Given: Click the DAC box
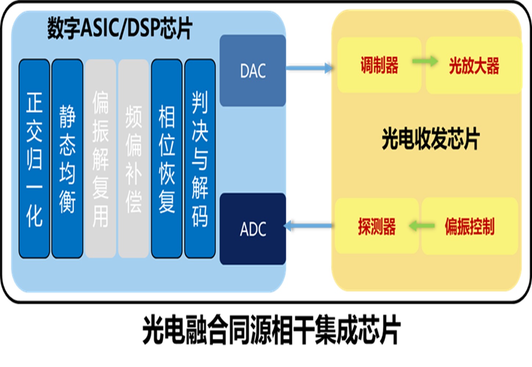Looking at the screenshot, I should (x=253, y=70).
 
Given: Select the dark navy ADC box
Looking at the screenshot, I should (x=253, y=229).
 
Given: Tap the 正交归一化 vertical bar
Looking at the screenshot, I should (x=34, y=159).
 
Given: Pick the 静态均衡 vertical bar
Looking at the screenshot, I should (x=67, y=159).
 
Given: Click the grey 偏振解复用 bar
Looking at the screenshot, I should (x=100, y=159).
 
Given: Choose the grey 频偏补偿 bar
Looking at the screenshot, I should (x=133, y=159).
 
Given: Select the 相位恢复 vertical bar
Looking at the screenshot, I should (x=167, y=159).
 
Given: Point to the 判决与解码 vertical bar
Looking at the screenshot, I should (x=200, y=159).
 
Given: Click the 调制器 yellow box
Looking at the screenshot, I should (x=379, y=65).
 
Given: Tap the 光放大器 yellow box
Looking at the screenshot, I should (x=474, y=65).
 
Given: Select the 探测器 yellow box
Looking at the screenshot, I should (x=377, y=226).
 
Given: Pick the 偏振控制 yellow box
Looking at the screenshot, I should (x=470, y=226).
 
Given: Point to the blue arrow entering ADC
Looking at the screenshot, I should (x=309, y=225).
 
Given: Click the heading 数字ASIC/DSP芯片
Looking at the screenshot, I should (x=120, y=28).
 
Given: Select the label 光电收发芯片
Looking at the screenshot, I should (x=430, y=139).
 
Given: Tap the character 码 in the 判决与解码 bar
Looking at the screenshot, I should (x=200, y=217).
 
